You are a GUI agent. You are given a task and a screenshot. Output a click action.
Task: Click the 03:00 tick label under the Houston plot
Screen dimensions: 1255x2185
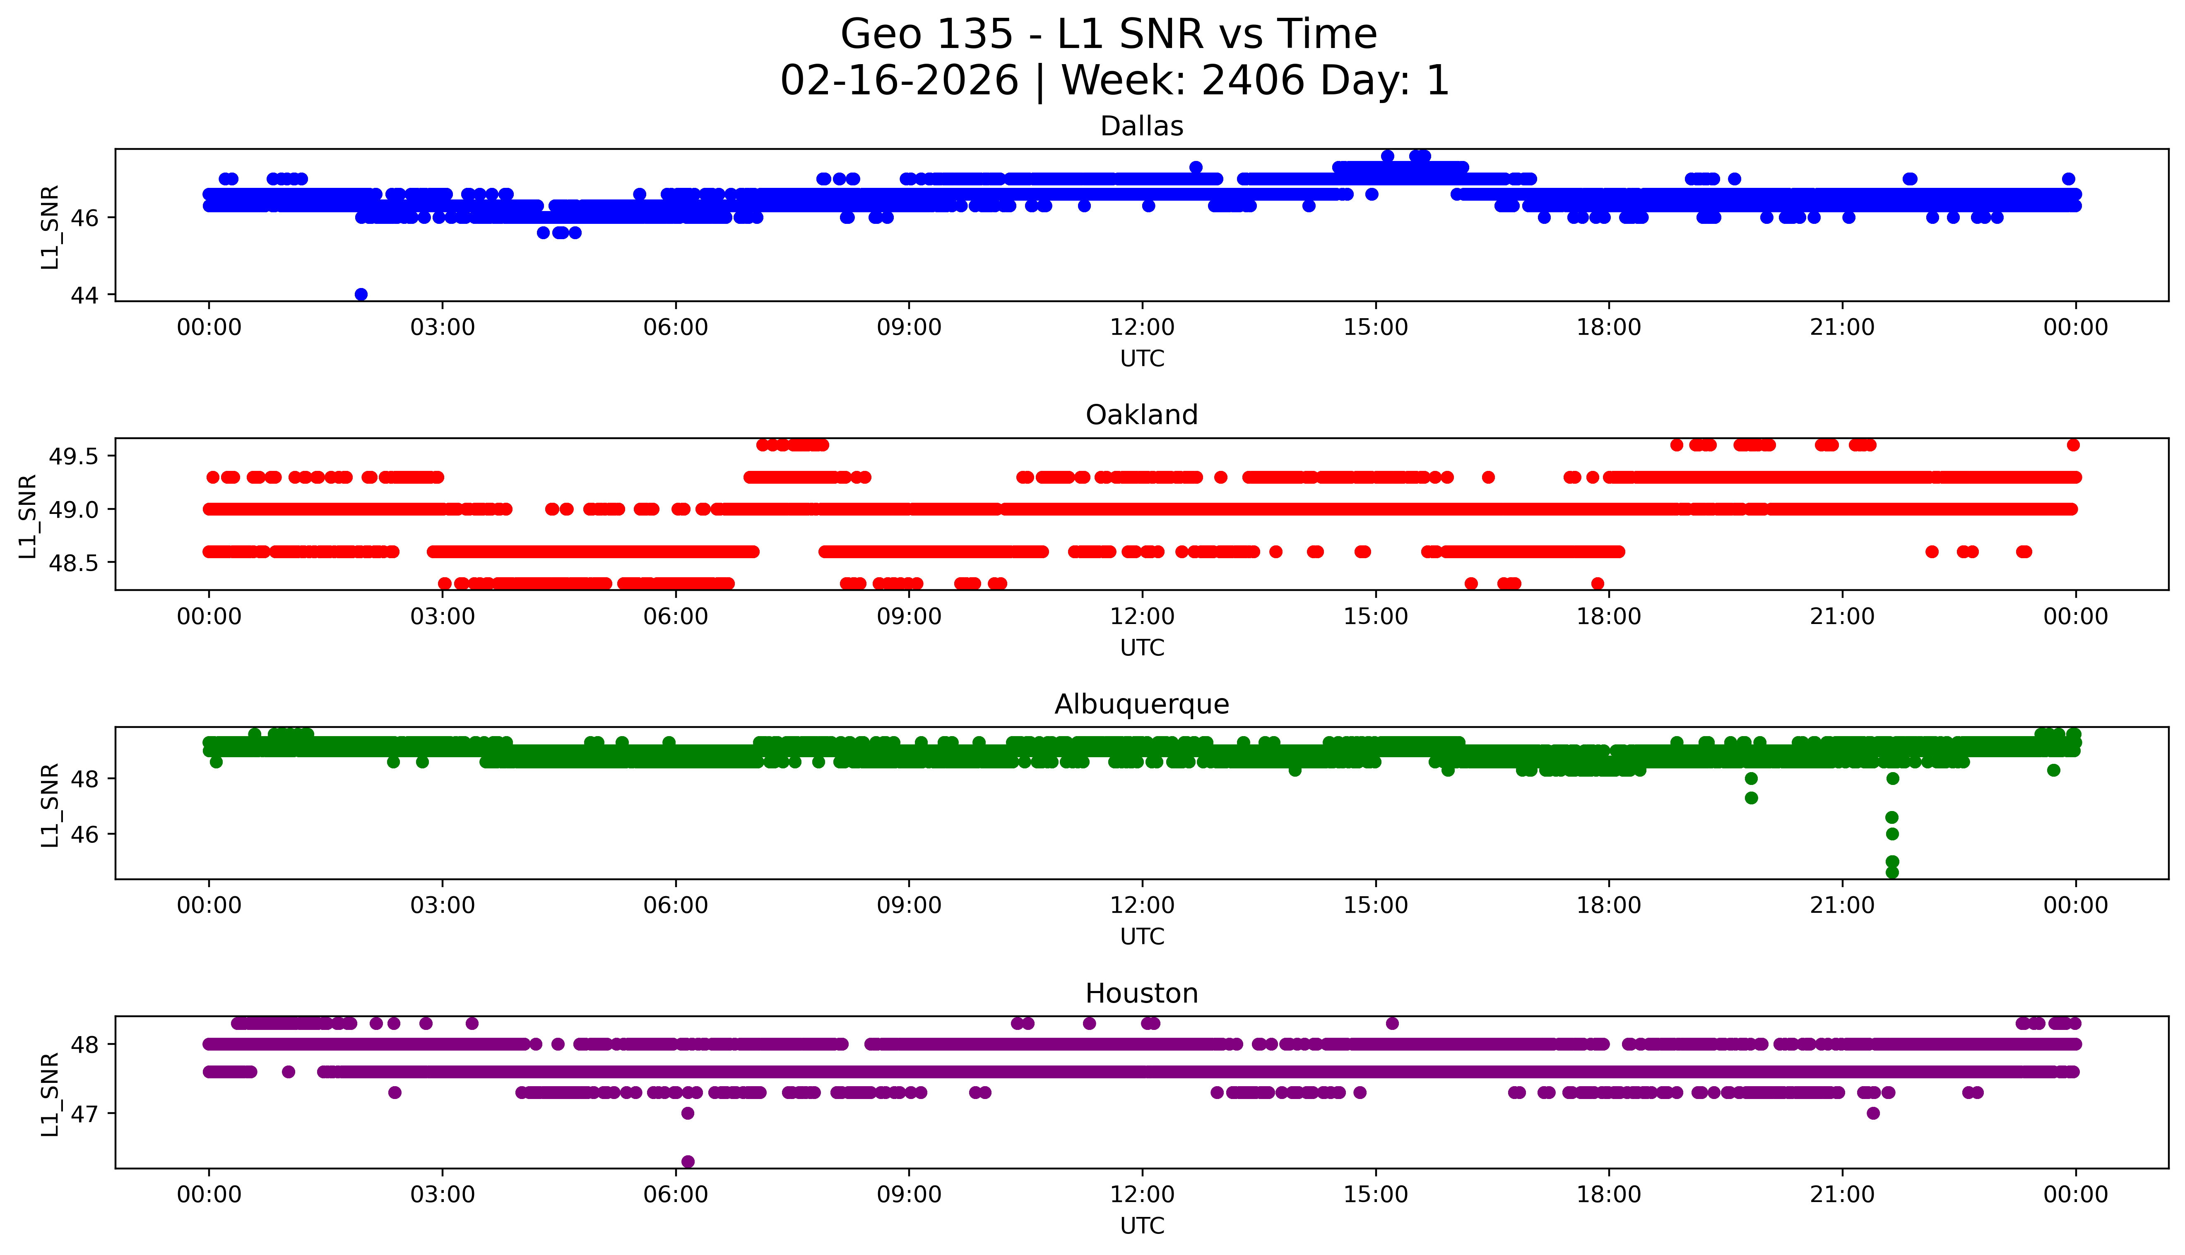[443, 1195]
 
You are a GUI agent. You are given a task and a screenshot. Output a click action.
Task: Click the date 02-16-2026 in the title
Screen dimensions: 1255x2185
[899, 81]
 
